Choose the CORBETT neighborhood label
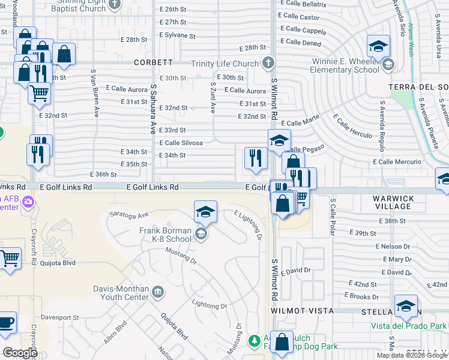click(x=154, y=62)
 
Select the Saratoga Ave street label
click(x=128, y=214)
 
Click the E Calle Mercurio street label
click(x=395, y=162)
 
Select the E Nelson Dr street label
click(x=393, y=246)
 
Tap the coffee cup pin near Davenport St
click(x=6, y=322)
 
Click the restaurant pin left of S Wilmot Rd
click(x=256, y=158)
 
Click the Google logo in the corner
click(x=20, y=352)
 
